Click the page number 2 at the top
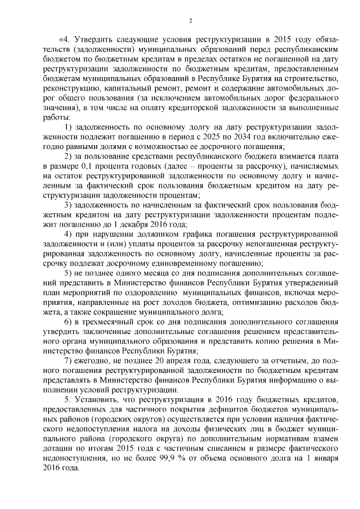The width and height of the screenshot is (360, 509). pos(190,21)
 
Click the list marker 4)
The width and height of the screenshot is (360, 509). pos(68,233)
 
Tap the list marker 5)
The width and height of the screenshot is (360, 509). pos(68,272)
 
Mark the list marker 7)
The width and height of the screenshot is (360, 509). pos(68,359)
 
